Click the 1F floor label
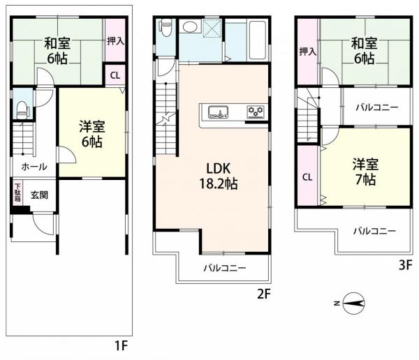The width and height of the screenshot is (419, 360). (x=121, y=346)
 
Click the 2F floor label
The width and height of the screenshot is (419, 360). (x=264, y=294)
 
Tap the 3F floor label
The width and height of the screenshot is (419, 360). (x=406, y=265)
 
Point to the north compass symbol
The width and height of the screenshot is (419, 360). (x=351, y=303)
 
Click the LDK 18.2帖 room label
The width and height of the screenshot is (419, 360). (x=219, y=176)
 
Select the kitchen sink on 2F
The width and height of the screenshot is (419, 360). (x=219, y=112)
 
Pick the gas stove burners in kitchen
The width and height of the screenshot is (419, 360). (x=256, y=112)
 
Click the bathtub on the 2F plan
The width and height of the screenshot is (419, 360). (x=258, y=40)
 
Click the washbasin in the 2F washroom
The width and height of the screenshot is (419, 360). (x=190, y=27)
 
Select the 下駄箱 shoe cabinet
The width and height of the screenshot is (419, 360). (x=17, y=193)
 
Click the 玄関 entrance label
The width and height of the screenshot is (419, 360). (x=39, y=195)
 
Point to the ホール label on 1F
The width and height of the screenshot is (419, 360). (x=34, y=167)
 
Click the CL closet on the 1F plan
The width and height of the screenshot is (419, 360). (x=115, y=75)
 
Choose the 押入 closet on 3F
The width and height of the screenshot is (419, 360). (x=307, y=51)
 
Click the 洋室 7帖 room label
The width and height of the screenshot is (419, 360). (x=365, y=172)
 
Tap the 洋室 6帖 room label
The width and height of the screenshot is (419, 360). (x=92, y=134)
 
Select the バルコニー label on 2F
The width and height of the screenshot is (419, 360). (x=225, y=268)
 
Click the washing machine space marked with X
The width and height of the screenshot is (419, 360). (x=212, y=29)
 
